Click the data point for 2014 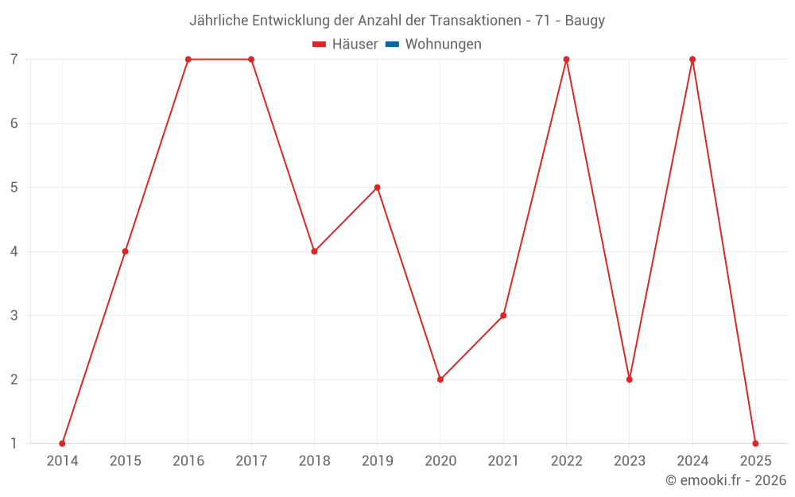(x=62, y=443)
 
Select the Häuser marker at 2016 (x=188, y=60)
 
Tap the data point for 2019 (x=378, y=188)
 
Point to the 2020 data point (x=440, y=379)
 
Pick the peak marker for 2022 (x=566, y=60)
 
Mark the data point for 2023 (x=630, y=379)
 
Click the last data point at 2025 (x=755, y=443)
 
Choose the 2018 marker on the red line (x=314, y=251)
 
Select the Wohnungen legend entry (x=443, y=45)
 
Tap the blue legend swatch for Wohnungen (x=392, y=45)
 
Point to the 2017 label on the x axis (x=251, y=461)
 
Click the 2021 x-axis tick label (x=503, y=461)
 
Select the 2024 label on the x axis (x=692, y=461)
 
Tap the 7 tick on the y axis (x=14, y=60)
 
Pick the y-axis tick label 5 (x=14, y=188)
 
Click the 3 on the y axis (x=14, y=316)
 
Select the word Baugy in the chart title (x=585, y=21)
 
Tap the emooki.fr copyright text (x=726, y=480)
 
